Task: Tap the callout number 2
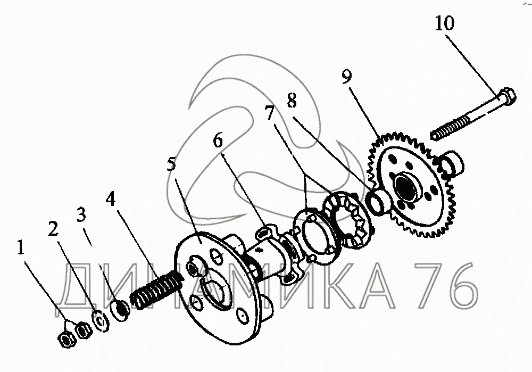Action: [52, 229]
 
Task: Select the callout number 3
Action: [80, 214]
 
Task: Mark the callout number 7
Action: [270, 113]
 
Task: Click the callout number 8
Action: [292, 100]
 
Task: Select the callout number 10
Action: [445, 23]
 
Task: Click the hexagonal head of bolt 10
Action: [508, 98]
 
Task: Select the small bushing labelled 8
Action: [379, 202]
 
